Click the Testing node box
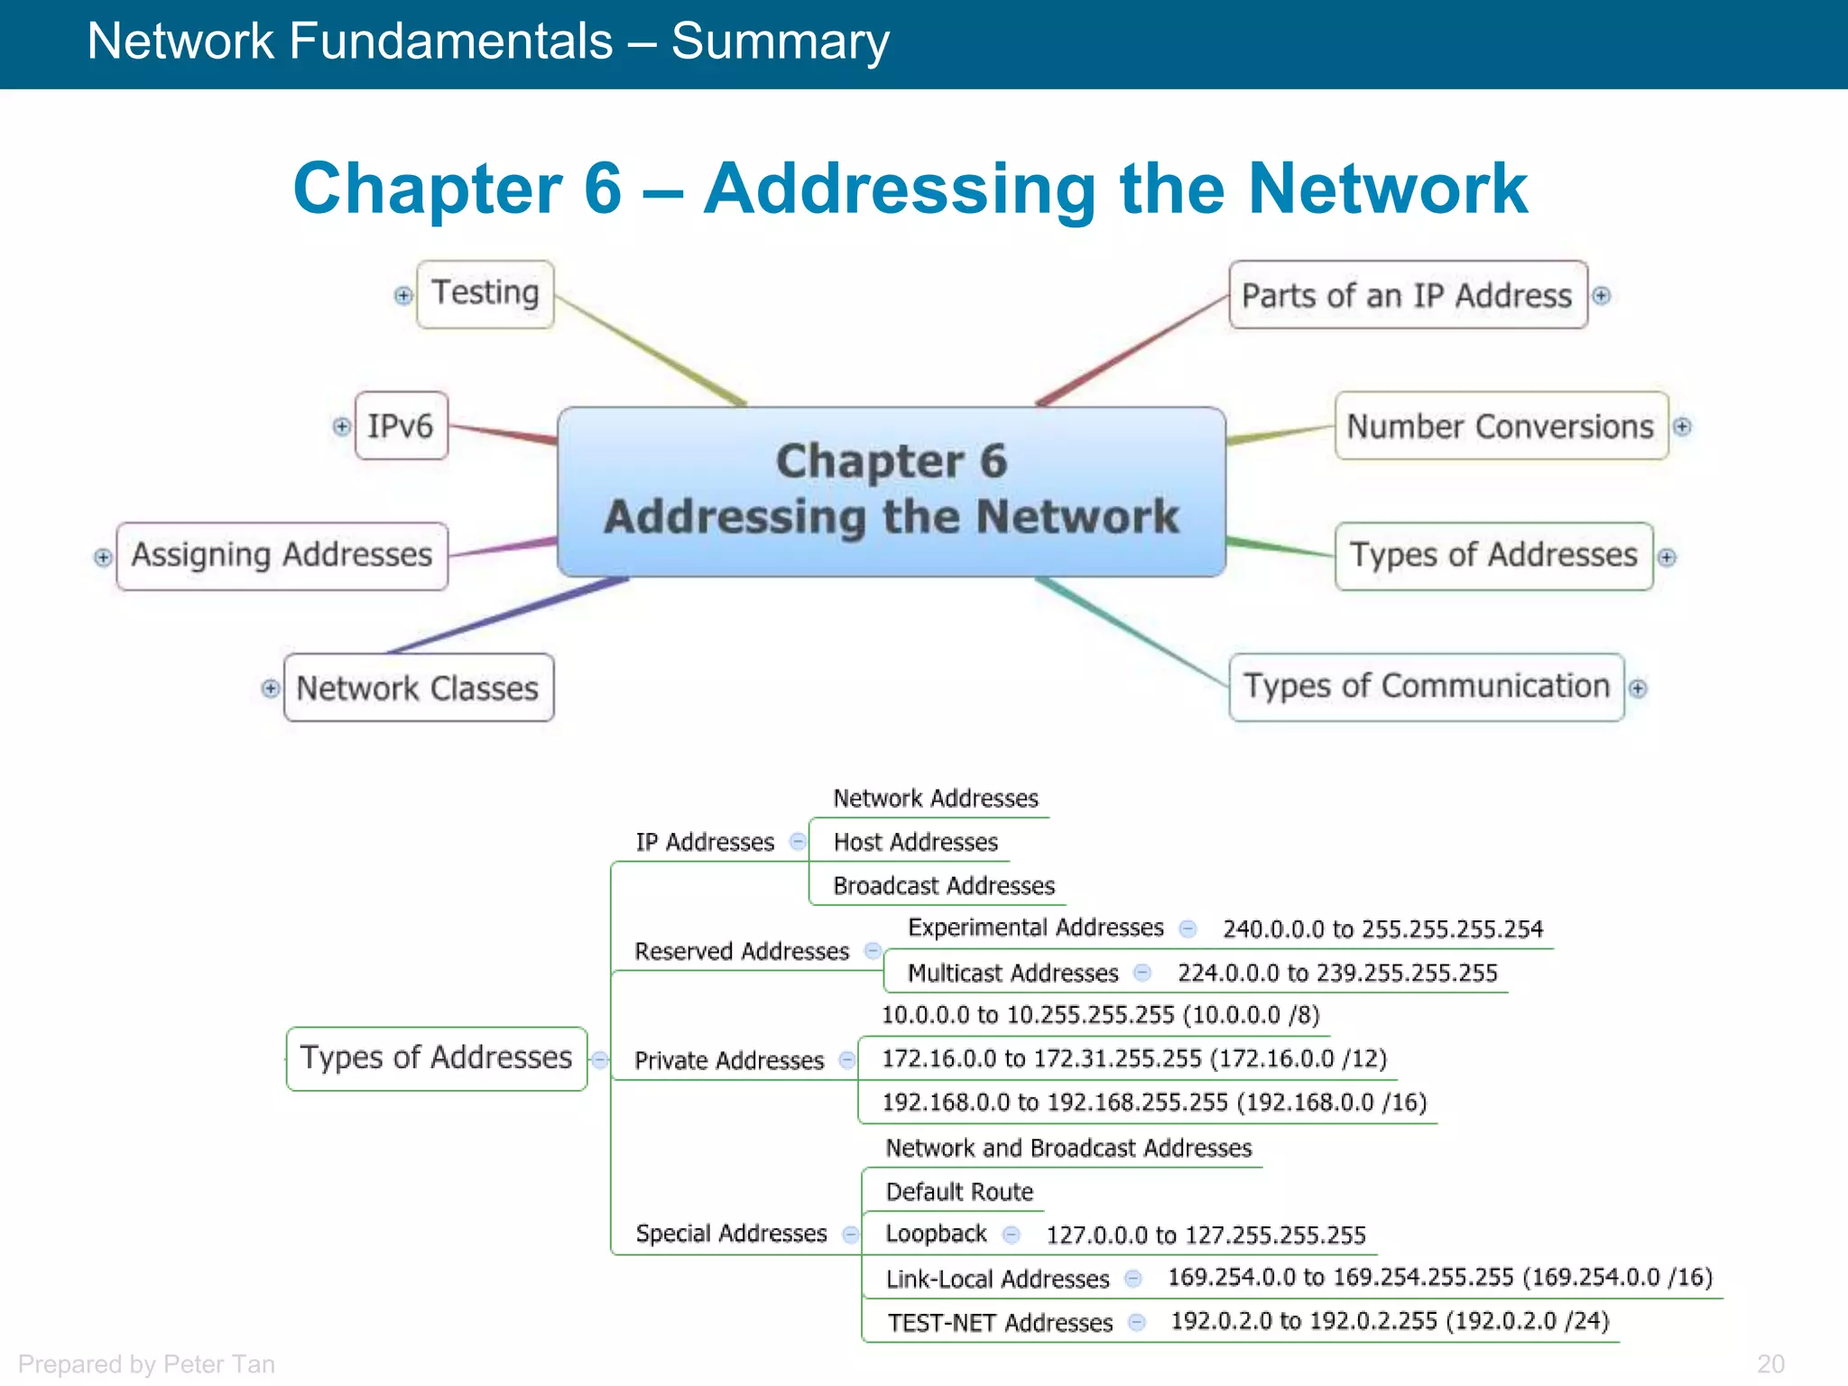(485, 294)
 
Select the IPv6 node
(401, 426)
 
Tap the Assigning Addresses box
(282, 556)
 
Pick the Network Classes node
(418, 688)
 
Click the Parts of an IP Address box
(1407, 295)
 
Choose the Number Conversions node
(1501, 426)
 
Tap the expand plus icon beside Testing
(403, 295)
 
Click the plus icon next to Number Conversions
(1682, 426)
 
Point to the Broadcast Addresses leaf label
(943, 886)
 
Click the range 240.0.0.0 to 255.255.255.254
(1382, 929)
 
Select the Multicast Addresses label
(1012, 974)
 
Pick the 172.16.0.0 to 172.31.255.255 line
(1133, 1058)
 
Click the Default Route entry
(959, 1192)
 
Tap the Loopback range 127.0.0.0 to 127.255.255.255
(1206, 1235)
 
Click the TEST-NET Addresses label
(1000, 1323)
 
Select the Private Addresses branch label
(729, 1060)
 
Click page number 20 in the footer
(1770, 1363)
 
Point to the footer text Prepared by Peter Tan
(146, 1363)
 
